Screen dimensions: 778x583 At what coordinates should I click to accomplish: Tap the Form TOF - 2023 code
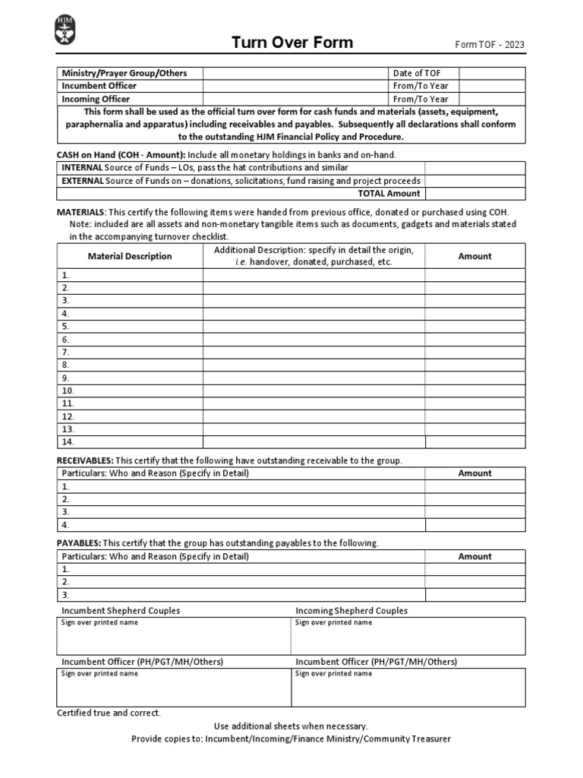click(x=489, y=45)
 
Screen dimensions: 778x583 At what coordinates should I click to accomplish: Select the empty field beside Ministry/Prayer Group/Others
click(x=295, y=73)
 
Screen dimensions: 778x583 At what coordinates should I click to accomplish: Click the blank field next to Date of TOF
click(x=491, y=73)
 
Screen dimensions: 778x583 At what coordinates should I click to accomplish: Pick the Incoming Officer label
click(x=96, y=99)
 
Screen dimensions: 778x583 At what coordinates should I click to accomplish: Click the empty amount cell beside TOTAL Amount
click(x=474, y=194)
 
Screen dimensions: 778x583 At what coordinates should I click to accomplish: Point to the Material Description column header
click(x=130, y=257)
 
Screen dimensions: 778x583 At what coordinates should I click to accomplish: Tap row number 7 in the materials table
click(x=66, y=353)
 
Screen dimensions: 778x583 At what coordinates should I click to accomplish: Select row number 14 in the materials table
click(x=68, y=441)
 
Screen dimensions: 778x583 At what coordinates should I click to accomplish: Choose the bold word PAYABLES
click(x=78, y=543)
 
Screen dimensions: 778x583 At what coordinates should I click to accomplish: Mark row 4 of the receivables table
click(x=66, y=525)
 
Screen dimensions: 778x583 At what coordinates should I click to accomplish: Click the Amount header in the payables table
click(x=474, y=556)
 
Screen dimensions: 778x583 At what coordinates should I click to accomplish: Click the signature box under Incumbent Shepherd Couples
click(x=174, y=639)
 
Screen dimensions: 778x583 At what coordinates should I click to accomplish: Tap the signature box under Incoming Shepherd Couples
click(x=408, y=639)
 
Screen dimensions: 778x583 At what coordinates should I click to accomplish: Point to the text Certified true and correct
click(x=109, y=713)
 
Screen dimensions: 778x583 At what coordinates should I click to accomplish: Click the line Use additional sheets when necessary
click(x=291, y=726)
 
